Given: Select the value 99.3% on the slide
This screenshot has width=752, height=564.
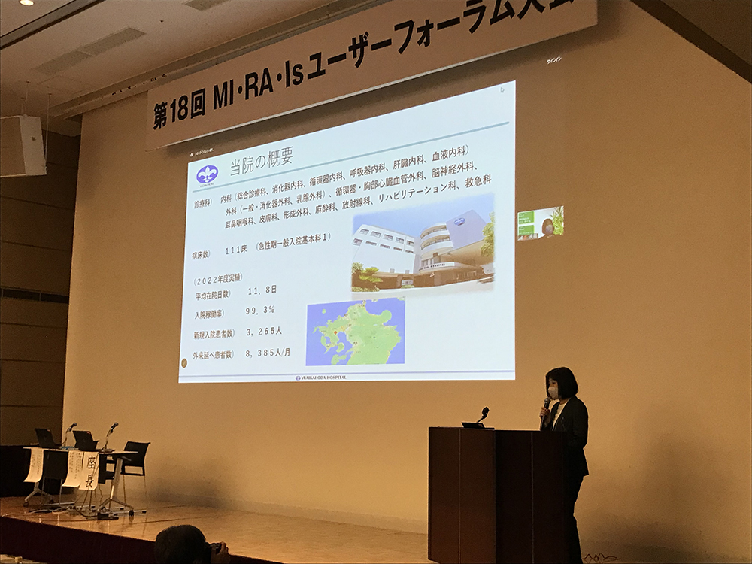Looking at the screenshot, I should (259, 310).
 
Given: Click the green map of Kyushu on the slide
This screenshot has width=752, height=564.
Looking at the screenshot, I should (355, 332).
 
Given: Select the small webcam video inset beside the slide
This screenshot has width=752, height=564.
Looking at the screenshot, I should (540, 223).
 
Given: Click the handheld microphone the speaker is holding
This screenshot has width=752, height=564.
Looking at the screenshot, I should (545, 406).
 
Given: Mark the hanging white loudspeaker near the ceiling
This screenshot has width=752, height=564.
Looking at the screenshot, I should (23, 146).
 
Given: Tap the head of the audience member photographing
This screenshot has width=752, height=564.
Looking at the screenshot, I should (180, 544).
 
